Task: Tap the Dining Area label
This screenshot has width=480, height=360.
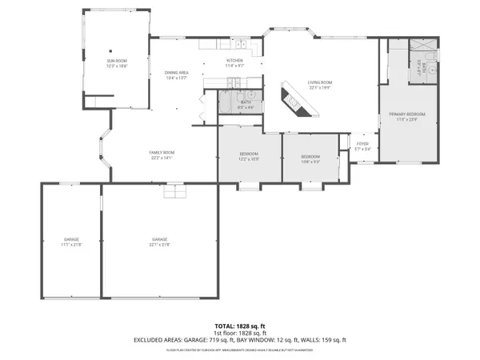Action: point(176,73)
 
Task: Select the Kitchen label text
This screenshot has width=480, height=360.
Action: point(234,61)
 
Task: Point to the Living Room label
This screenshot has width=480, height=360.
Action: point(320,82)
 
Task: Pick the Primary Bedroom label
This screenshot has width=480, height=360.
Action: point(407,114)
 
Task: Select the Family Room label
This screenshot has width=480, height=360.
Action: point(162,153)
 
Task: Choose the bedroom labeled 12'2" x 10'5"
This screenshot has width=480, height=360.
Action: point(249,156)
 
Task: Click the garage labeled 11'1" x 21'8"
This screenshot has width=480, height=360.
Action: point(71,241)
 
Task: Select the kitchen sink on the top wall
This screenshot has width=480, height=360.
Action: point(241,43)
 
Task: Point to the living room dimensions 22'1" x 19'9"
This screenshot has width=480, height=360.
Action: point(320,88)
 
